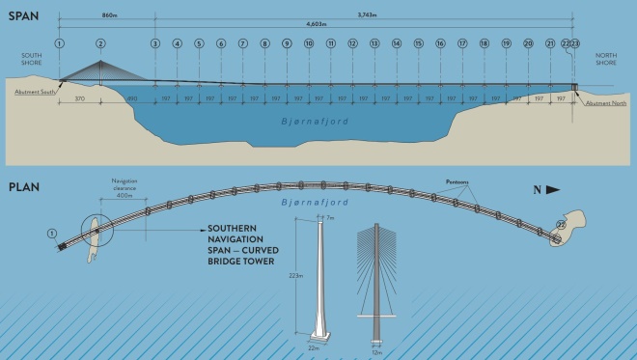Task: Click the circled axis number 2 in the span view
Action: point(101,43)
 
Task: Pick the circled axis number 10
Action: point(309,43)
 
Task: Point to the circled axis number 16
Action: point(440,43)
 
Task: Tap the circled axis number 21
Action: point(550,43)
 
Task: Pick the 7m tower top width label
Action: point(330,219)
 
